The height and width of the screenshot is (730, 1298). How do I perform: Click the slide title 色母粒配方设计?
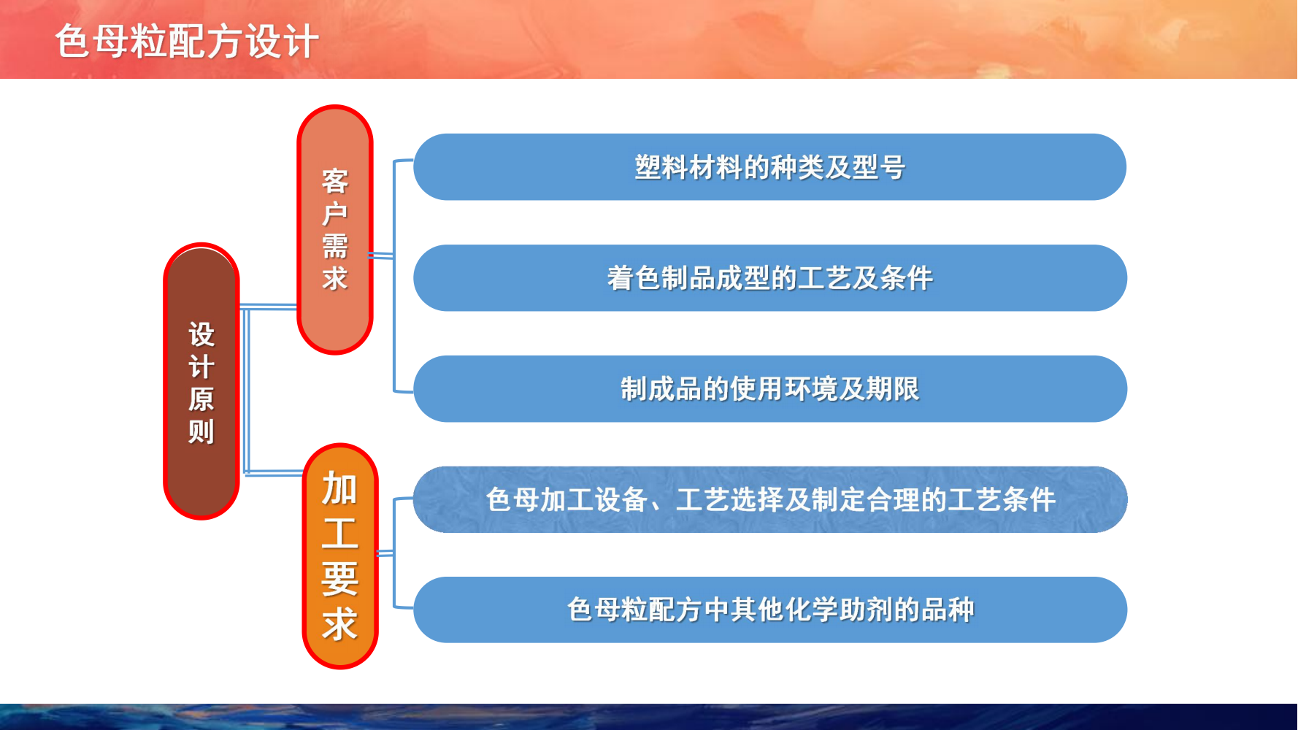(187, 41)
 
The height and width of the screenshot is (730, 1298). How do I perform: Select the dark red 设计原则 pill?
(201, 381)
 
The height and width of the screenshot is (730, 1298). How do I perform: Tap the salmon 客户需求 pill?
(335, 230)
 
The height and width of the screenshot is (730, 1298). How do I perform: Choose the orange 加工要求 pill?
(340, 556)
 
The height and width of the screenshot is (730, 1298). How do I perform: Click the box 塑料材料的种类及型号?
(770, 167)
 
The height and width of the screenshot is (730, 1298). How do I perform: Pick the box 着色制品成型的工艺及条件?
(770, 278)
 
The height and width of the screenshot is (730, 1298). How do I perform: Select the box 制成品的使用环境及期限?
(770, 389)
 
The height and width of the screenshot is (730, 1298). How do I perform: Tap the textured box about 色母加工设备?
(770, 500)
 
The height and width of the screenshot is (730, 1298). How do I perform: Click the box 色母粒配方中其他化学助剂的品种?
(770, 610)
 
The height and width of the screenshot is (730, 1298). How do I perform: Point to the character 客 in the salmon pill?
(335, 181)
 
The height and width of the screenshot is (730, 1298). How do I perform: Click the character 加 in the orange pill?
(340, 488)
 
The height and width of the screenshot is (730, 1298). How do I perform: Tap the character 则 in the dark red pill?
(201, 431)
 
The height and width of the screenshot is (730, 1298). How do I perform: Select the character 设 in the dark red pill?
(201, 334)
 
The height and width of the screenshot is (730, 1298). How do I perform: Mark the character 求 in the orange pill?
(340, 625)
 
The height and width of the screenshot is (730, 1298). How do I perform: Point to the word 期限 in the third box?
(893, 389)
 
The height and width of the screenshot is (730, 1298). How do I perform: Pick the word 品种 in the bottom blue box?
(948, 610)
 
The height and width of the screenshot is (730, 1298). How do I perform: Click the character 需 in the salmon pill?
(335, 246)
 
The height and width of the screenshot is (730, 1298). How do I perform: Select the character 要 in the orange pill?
(340, 579)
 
